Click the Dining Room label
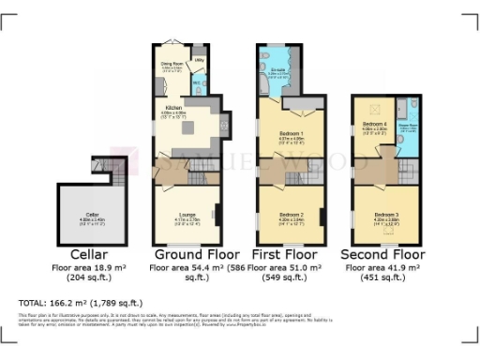point(171,65)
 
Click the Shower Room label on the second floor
point(408,127)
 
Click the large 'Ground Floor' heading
point(196,255)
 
